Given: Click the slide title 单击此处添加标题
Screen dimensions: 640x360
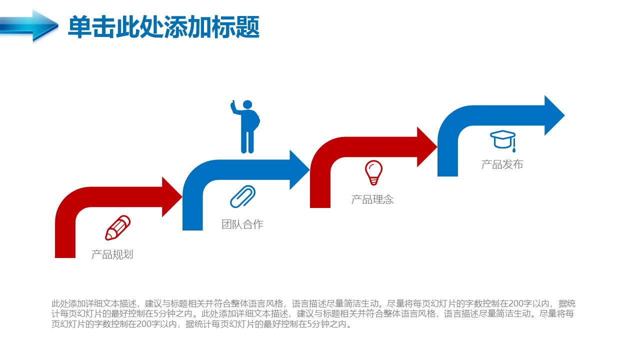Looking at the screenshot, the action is [163, 27].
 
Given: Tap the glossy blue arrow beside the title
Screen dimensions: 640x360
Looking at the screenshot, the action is [28, 25].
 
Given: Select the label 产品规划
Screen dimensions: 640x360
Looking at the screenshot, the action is [112, 254].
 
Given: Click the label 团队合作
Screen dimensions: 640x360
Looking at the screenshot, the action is [242, 224].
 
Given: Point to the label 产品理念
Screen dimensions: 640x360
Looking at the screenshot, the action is [372, 199].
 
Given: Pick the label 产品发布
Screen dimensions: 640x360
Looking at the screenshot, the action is [502, 164].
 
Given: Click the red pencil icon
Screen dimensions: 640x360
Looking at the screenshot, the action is [117, 227].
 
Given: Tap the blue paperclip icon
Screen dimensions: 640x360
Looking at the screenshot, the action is [242, 196].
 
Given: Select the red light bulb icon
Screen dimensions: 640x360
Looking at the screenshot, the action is [373, 173].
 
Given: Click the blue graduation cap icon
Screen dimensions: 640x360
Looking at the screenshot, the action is [503, 140].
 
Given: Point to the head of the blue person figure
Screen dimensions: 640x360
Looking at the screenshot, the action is [247, 104].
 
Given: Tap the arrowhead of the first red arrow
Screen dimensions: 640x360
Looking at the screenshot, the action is [171, 196].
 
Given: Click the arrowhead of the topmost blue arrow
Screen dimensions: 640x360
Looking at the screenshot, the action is [554, 115].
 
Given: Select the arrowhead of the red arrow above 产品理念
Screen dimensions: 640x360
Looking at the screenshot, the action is [426, 147].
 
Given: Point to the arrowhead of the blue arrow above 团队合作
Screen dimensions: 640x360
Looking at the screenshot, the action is [299, 169].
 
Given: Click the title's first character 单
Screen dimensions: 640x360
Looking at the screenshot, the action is [79, 27].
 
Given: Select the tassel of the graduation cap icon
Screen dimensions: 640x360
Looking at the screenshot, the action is [514, 145].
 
